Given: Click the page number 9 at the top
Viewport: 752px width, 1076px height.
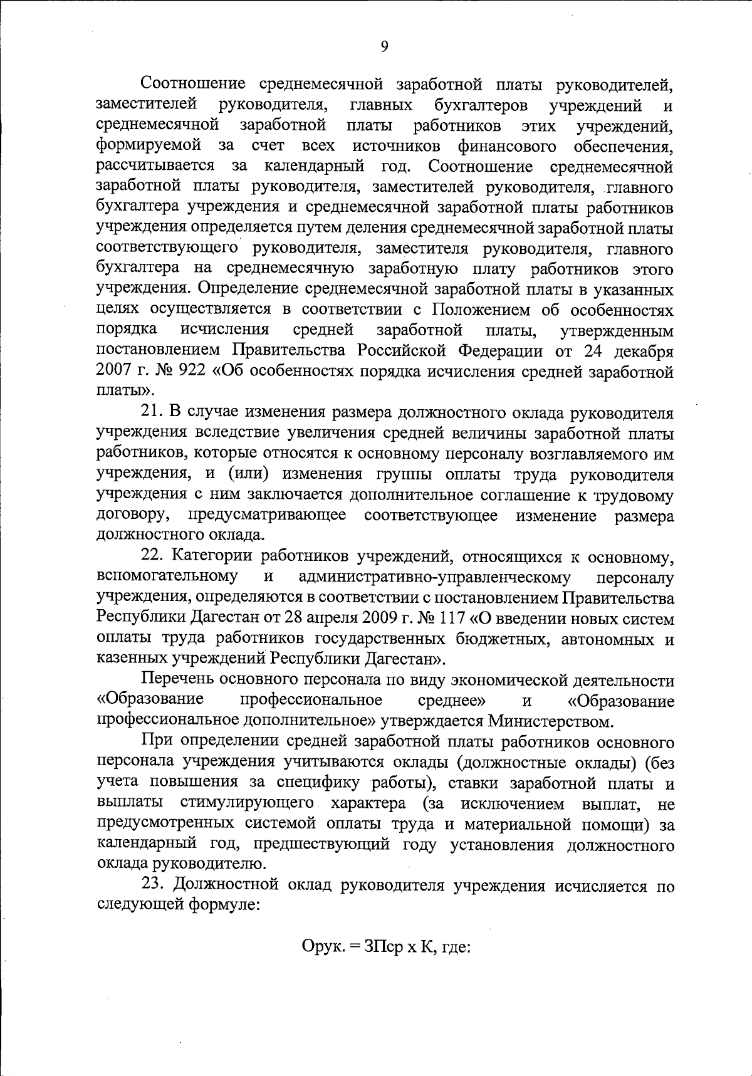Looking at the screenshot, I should [x=384, y=47].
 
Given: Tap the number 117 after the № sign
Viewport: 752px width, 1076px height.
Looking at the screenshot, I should [x=453, y=617].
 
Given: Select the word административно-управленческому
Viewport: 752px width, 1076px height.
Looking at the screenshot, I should [x=435, y=577].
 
